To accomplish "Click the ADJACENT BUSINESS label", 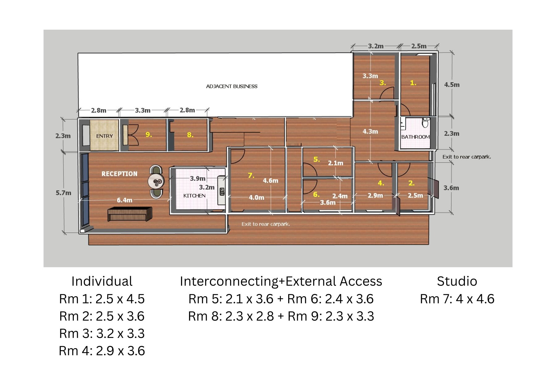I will click(x=232, y=86).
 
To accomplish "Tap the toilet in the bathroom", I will click(x=425, y=123).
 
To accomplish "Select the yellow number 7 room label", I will click(x=251, y=175).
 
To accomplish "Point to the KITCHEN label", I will click(x=194, y=196).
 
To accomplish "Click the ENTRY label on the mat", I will click(x=104, y=136).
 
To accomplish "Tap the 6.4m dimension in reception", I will click(x=124, y=200).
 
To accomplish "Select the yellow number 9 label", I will click(x=149, y=134).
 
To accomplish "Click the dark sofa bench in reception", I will click(x=130, y=214).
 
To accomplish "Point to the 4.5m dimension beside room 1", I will click(x=452, y=85).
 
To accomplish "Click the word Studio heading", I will click(x=457, y=281).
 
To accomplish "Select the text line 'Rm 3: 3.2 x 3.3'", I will click(x=102, y=334).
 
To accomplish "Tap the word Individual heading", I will click(x=102, y=281).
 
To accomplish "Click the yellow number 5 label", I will click(x=316, y=159).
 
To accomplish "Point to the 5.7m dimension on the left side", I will click(x=63, y=193).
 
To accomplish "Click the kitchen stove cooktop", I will click(x=222, y=192).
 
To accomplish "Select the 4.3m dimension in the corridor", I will click(x=370, y=131).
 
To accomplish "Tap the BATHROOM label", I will click(x=415, y=137).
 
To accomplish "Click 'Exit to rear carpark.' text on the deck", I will click(x=266, y=224).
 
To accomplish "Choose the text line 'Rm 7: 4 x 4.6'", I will click(x=457, y=299).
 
